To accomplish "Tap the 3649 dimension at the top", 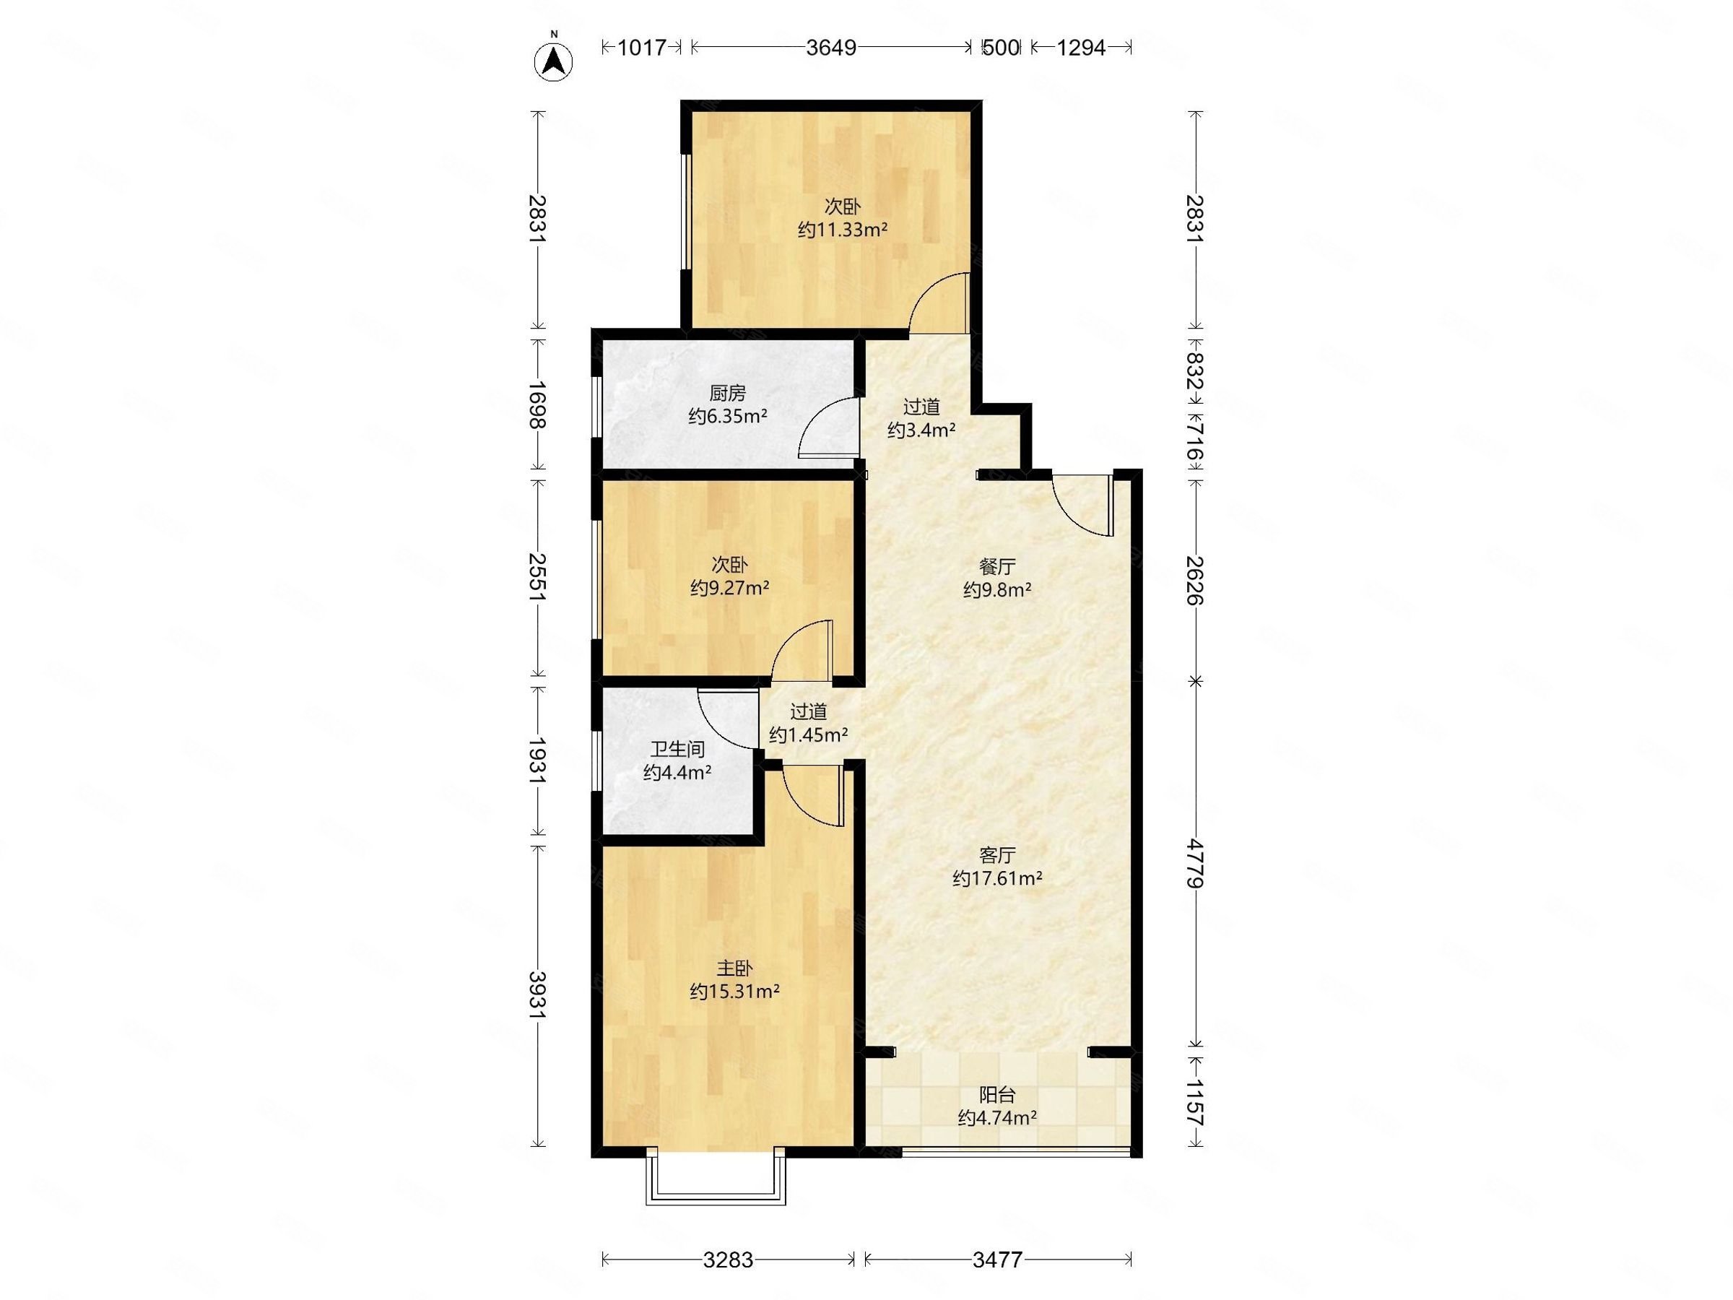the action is coord(831,48).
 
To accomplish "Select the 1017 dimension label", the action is coord(641,48).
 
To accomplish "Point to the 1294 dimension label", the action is coord(1080,48).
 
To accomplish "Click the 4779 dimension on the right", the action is coord(1194,864).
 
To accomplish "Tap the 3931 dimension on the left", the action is coord(537,995).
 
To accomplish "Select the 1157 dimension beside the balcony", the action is coord(1194,1103).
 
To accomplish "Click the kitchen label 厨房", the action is coord(727,393).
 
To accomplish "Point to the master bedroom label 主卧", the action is coord(734,968).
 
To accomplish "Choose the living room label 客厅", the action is coord(997,855).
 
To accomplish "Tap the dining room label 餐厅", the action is coord(997,566).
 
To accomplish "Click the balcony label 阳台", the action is coord(997,1095).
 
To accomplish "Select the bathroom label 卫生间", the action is coord(678,749).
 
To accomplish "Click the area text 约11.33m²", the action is coord(842,230).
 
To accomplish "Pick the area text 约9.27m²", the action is coord(729,588).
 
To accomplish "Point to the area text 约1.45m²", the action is coord(809,735).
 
